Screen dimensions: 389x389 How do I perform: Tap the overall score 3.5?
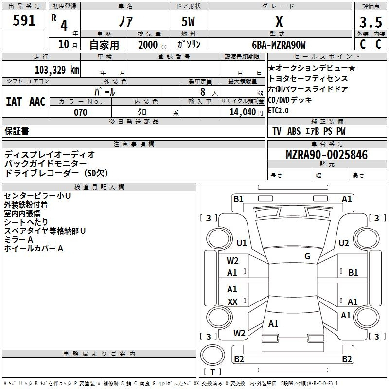(370, 22)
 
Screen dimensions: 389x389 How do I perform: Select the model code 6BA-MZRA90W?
(279, 45)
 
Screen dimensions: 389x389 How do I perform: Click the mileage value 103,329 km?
(57, 70)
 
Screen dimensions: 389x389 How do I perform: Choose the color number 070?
(80, 112)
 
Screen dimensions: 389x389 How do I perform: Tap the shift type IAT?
(14, 101)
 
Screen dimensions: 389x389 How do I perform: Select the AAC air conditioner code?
(37, 101)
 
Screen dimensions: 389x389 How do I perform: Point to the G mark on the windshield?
(307, 256)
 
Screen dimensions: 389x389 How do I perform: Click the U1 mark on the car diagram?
(241, 243)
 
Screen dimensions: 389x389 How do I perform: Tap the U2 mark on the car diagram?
(344, 243)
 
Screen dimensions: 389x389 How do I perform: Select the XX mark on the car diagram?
(232, 302)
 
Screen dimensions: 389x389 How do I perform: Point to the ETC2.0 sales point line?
(278, 110)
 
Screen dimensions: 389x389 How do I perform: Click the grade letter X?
(279, 22)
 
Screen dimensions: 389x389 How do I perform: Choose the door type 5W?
(189, 22)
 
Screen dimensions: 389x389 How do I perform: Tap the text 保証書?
(17, 131)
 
